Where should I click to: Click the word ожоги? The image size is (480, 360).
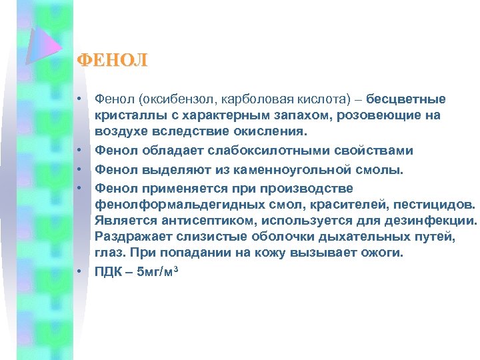click(x=386, y=253)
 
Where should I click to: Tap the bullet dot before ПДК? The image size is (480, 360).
click(x=79, y=271)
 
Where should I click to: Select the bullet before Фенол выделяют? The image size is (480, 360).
click(x=79, y=169)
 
